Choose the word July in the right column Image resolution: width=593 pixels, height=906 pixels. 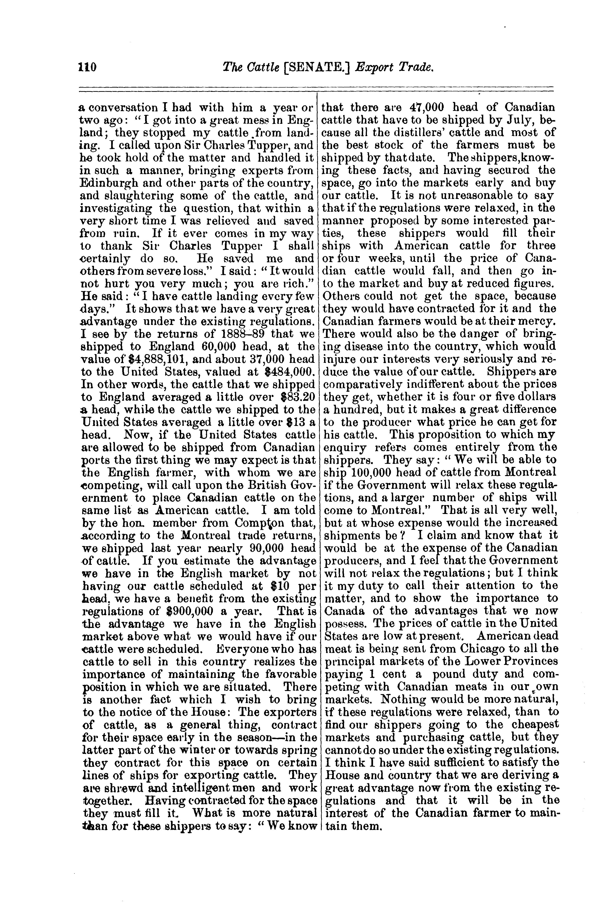click(515, 120)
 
